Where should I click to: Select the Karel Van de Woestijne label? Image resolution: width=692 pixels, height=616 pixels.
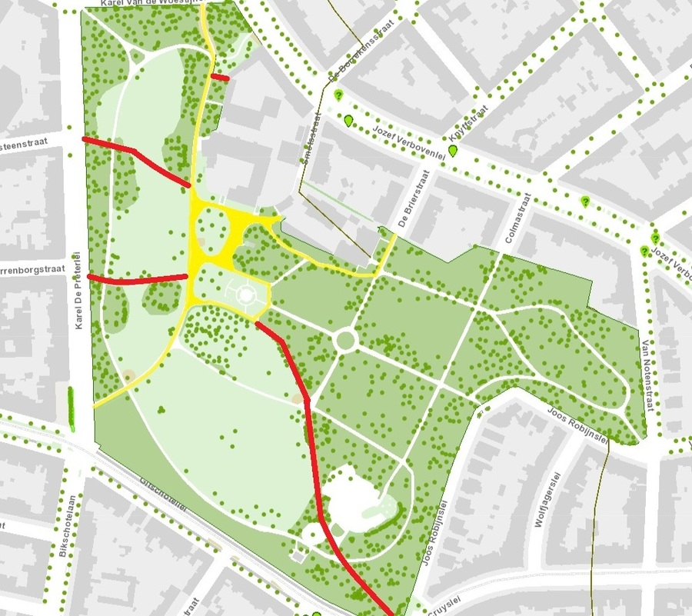coord(150,5)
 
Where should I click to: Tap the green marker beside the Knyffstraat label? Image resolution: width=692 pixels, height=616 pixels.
coord(453,150)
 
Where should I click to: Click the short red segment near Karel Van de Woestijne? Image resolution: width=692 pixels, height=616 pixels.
coord(220,77)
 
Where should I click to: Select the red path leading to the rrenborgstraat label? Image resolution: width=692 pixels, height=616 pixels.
coord(138,279)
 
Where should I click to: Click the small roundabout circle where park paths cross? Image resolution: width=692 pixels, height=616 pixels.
coord(345,339)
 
